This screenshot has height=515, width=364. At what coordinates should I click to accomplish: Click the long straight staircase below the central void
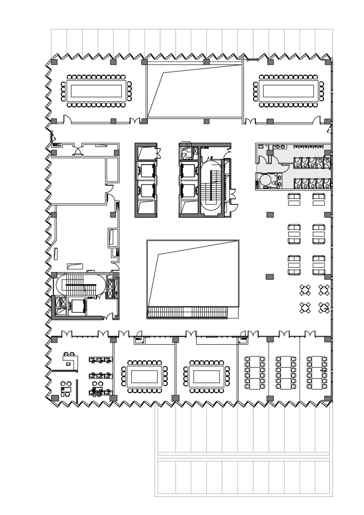[x=188, y=312]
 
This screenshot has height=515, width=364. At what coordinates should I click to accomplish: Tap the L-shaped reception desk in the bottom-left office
[x=71, y=362]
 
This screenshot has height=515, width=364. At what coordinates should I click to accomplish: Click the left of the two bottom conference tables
[x=144, y=376]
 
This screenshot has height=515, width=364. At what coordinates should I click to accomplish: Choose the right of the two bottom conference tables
[x=207, y=376]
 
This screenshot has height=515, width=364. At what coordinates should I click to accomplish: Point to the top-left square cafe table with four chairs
[x=305, y=290]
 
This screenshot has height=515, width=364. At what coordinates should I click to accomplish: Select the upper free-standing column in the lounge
[x=270, y=215]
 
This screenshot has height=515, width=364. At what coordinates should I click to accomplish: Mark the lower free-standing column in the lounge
[x=270, y=277]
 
